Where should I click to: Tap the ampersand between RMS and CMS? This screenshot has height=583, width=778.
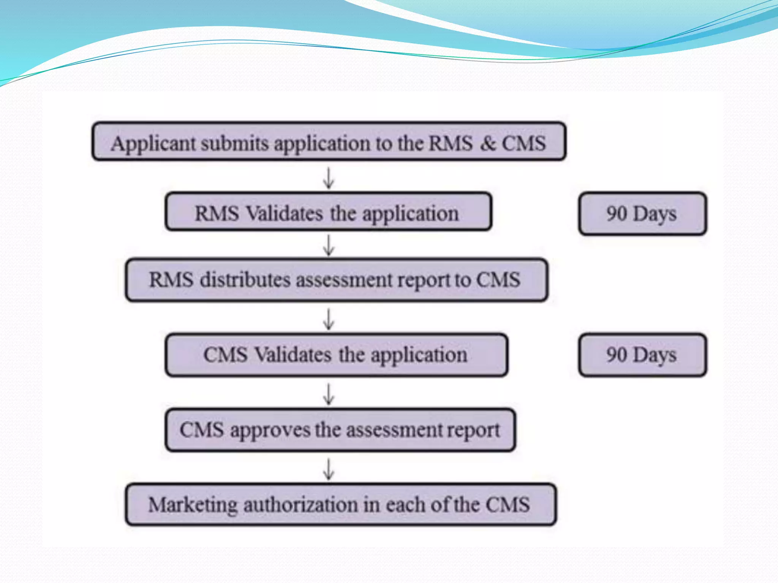tap(488, 143)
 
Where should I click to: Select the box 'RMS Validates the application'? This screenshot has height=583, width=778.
tap(329, 212)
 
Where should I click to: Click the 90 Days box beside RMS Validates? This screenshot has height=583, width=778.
tap(642, 214)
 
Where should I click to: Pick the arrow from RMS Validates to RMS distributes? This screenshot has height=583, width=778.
tap(329, 245)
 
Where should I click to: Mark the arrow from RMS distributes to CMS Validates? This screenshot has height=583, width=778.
tap(329, 318)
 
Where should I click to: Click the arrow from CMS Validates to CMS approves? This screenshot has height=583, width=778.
tap(329, 394)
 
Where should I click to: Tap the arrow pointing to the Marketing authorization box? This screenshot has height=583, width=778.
tap(329, 469)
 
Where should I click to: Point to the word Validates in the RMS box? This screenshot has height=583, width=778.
tap(285, 213)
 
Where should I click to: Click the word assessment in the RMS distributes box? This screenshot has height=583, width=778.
tap(344, 280)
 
